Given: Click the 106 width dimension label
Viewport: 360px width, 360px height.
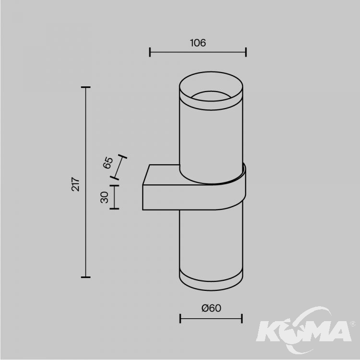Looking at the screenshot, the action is coord(198,43).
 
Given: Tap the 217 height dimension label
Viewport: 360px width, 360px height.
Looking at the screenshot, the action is coord(75,184).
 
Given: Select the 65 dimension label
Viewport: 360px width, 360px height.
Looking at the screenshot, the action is coord(108,163).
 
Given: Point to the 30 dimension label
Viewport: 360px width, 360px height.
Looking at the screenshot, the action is coord(105,197).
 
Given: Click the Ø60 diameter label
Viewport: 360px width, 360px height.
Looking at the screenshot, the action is coord(211,308).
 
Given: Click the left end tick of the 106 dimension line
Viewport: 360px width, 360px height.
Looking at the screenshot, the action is coord(150,52).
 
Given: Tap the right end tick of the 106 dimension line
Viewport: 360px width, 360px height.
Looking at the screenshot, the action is coord(246,52).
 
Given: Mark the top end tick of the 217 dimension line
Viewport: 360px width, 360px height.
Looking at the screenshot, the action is coord(85,87).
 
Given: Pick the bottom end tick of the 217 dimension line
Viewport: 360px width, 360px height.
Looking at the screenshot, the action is coord(85,277).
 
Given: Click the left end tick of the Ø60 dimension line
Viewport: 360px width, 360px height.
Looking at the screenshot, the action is coord(180,318).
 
